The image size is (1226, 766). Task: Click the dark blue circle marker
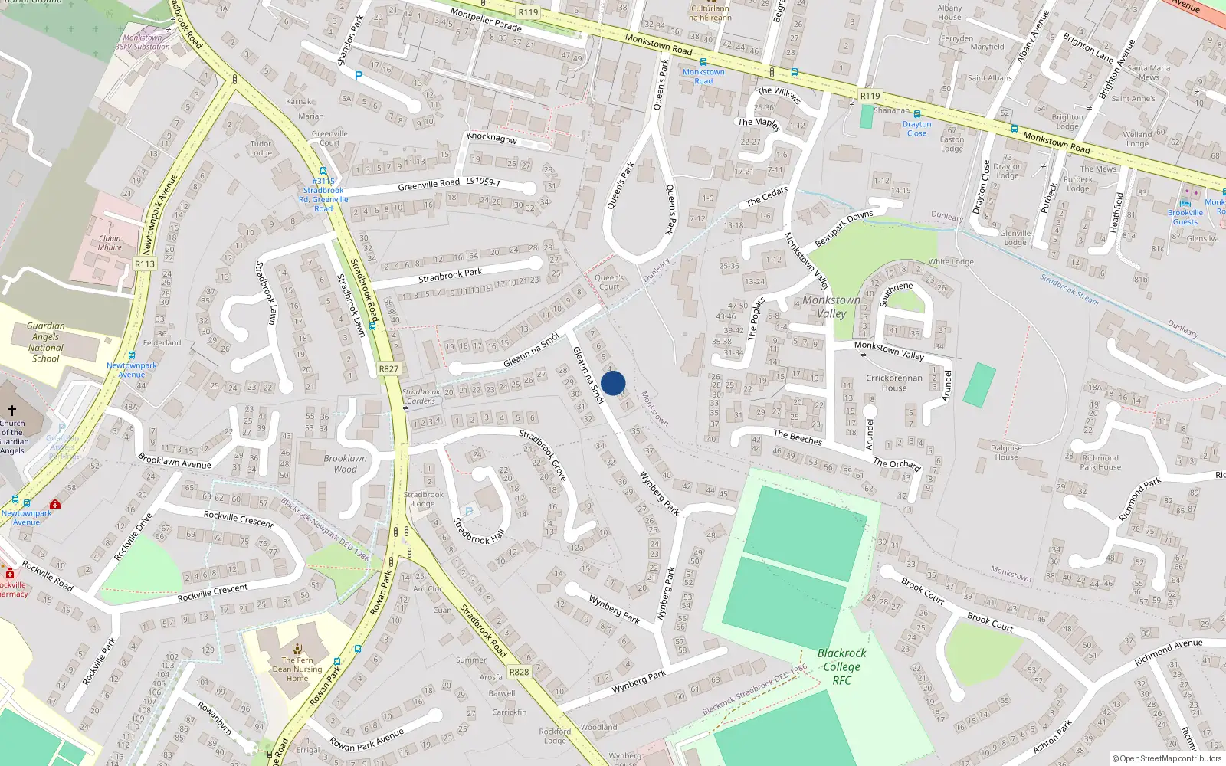click(613, 383)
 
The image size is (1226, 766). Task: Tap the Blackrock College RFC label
click(841, 666)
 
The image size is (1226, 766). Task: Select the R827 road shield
click(388, 369)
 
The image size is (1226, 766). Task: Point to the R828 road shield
click(519, 672)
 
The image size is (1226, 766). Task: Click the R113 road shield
click(144, 264)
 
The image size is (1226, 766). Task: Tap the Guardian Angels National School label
click(46, 342)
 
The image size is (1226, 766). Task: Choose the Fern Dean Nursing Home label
click(297, 669)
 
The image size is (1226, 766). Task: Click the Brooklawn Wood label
click(345, 463)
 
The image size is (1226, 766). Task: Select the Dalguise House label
click(1006, 452)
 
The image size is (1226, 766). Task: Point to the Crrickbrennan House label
click(893, 382)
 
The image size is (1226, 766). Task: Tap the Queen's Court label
click(608, 282)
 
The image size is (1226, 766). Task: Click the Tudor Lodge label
click(261, 148)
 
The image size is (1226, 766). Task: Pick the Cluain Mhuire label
click(110, 243)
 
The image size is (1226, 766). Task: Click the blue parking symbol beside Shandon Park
click(358, 76)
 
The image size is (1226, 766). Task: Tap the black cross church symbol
click(12, 411)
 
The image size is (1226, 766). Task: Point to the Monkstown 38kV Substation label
click(143, 42)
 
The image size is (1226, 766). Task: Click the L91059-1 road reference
click(483, 182)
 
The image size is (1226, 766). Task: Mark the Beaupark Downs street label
click(844, 228)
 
